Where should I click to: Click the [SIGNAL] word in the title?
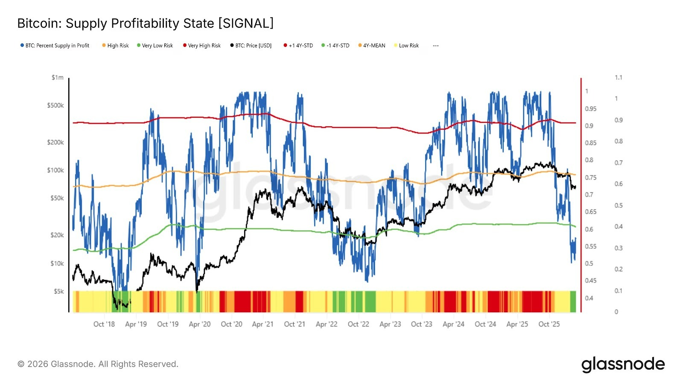point(245,23)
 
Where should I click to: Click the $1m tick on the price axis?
point(58,78)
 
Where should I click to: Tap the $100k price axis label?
point(55,170)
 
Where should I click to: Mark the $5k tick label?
point(58,291)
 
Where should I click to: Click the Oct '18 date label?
point(104,324)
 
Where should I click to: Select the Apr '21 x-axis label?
point(263,324)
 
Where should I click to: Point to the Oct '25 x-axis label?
point(549,324)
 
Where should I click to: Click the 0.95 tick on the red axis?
point(591,109)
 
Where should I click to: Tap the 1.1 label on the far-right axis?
point(619,78)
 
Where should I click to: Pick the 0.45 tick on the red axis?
point(591,281)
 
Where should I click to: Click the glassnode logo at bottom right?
point(623,364)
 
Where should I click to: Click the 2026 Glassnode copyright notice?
point(98,364)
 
